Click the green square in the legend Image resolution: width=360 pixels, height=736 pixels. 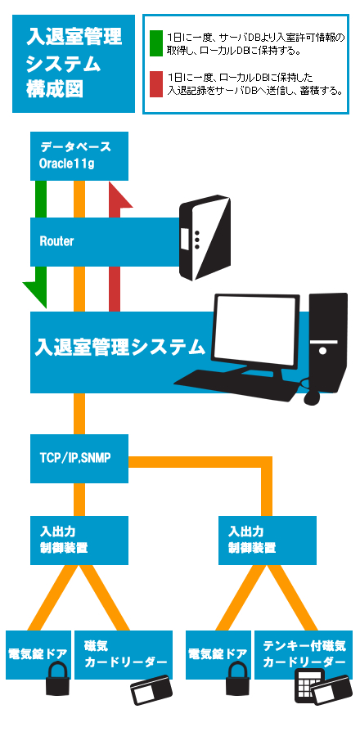(x=155, y=43)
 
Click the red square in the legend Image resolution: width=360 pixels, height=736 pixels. (x=155, y=84)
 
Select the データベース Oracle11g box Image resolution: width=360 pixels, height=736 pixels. (x=79, y=156)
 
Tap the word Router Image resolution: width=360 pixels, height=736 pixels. (x=56, y=242)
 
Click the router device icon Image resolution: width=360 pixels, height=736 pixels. (x=205, y=238)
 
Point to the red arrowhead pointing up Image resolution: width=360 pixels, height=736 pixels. (x=120, y=195)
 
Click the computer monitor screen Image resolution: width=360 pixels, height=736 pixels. (x=256, y=331)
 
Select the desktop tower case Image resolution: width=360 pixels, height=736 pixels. (x=328, y=343)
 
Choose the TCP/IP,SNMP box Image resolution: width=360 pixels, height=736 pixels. (x=79, y=459)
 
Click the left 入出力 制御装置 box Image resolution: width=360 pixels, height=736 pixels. (x=79, y=541)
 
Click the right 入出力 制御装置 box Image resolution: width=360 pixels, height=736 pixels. (x=268, y=541)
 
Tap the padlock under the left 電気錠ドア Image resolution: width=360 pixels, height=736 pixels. (x=58, y=678)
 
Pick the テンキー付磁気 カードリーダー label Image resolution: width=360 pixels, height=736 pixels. (x=304, y=654)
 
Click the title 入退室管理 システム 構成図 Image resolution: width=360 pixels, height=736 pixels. (x=74, y=63)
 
